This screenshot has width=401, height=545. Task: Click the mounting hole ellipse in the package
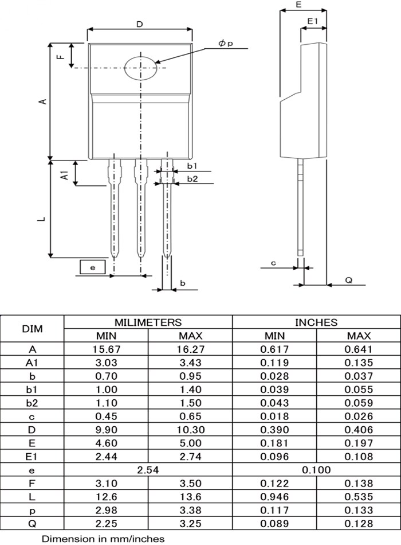point(141,68)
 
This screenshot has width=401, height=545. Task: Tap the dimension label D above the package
point(140,24)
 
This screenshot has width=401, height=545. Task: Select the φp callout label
point(226,44)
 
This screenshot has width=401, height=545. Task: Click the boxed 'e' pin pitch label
point(93,267)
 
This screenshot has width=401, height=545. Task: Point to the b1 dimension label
point(192,166)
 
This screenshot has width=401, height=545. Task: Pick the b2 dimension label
point(192,179)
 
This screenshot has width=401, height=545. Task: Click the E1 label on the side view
point(313,21)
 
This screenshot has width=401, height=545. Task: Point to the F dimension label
point(60,56)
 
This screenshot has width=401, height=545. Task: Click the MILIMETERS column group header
point(148,322)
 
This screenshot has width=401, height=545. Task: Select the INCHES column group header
point(316,322)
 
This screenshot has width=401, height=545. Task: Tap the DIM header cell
point(32,329)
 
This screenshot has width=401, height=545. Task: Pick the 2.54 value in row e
point(148,470)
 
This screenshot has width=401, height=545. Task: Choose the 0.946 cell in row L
point(274,496)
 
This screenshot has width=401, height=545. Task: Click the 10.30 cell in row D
point(190,430)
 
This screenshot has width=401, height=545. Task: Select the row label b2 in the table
point(32,403)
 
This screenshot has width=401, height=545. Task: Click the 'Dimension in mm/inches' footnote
point(103,538)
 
